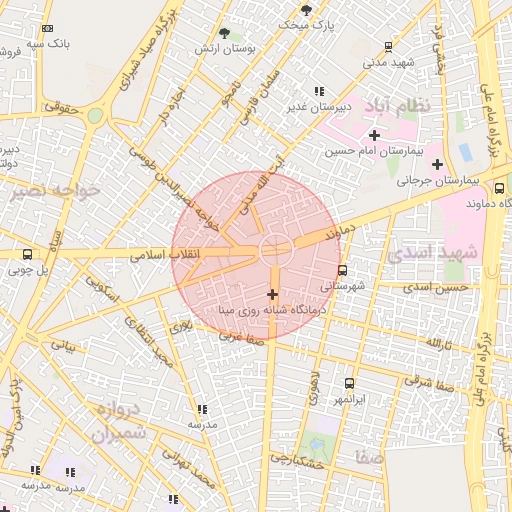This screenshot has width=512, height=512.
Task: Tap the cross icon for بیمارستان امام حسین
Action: click(374, 135)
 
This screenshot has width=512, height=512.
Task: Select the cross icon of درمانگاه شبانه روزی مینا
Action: click(273, 293)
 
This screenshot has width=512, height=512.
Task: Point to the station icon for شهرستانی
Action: click(343, 270)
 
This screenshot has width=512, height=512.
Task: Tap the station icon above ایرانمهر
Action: click(349, 383)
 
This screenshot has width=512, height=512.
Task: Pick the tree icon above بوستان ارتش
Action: click(223, 33)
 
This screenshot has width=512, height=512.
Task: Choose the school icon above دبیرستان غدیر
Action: click(319, 91)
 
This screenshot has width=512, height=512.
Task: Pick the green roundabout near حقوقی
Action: click(95, 116)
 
